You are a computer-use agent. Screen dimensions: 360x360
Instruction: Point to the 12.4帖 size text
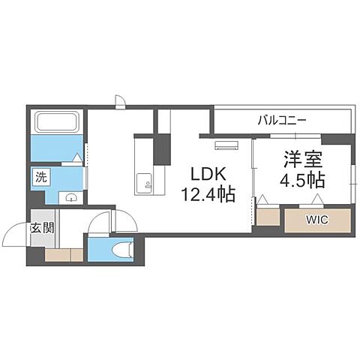207,195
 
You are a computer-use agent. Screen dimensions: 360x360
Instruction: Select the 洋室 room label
301,160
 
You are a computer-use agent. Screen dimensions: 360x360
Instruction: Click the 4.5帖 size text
303,180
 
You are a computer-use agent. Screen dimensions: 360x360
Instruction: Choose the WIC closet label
316,220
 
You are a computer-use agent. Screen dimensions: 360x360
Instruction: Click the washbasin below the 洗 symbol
70,197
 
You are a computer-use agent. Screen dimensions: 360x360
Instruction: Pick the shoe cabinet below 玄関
64,254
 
